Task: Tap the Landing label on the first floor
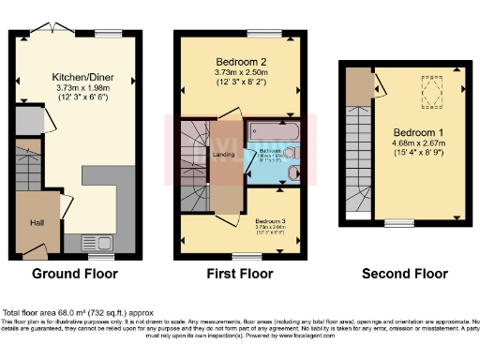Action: click(x=224, y=155)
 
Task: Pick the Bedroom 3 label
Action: click(x=271, y=213)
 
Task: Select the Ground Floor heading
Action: click(x=75, y=275)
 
